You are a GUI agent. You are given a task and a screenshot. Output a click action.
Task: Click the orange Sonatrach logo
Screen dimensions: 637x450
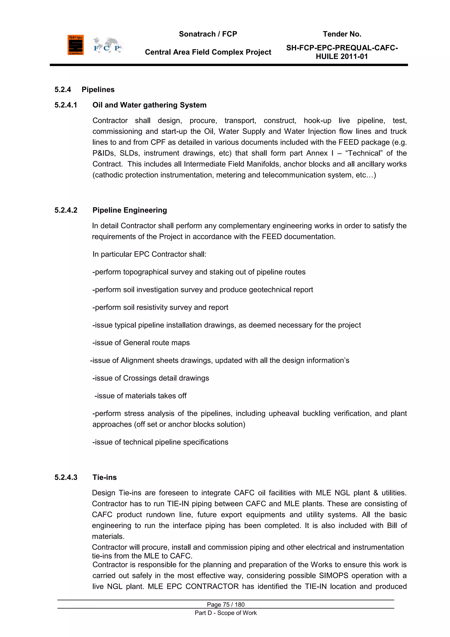(75, 45)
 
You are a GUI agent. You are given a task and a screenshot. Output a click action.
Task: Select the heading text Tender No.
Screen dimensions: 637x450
(342, 34)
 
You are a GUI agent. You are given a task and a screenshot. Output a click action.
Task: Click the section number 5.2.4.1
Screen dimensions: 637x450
(66, 105)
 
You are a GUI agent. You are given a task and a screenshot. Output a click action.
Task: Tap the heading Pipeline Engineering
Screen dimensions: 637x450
(129, 210)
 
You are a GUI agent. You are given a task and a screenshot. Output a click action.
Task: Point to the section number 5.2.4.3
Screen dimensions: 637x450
(66, 477)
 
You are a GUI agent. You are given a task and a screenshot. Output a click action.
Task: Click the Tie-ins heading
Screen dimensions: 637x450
(104, 477)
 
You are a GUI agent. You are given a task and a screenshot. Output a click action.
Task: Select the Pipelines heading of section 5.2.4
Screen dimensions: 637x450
(98, 90)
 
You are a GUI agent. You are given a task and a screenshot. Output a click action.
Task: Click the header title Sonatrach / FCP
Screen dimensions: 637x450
(208, 34)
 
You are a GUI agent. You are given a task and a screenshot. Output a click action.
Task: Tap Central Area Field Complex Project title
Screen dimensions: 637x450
(208, 52)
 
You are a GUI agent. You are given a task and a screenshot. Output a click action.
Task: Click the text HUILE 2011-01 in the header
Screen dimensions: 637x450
(342, 57)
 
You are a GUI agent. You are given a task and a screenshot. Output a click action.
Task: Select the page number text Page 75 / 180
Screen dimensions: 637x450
(226, 604)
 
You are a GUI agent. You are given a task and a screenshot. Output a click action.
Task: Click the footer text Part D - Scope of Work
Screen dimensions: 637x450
(226, 613)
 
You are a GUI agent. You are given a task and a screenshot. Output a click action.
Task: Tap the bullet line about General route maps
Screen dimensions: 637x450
(141, 343)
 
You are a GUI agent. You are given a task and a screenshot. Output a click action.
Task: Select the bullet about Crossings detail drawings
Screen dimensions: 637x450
(151, 378)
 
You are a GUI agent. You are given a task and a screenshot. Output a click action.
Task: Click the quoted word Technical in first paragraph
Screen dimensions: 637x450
(364, 153)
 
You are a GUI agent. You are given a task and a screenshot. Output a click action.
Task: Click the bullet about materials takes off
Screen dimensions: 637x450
(140, 396)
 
